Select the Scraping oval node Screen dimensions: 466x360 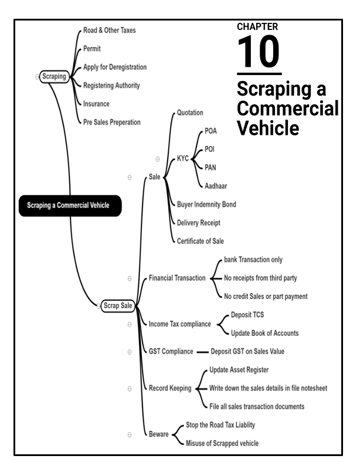(55, 76)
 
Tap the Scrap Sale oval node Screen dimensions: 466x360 (118, 305)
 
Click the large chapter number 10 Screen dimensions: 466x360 (259, 53)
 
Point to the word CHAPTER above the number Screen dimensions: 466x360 (257, 27)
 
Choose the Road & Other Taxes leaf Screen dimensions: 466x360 (109, 30)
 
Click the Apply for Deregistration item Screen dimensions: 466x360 (115, 67)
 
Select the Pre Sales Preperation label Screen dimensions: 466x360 (112, 122)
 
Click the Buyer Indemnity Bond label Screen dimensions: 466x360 (206, 204)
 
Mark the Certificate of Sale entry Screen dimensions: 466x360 (201, 241)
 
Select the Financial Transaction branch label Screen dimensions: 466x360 (176, 278)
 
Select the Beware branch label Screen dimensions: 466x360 (158, 434)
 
